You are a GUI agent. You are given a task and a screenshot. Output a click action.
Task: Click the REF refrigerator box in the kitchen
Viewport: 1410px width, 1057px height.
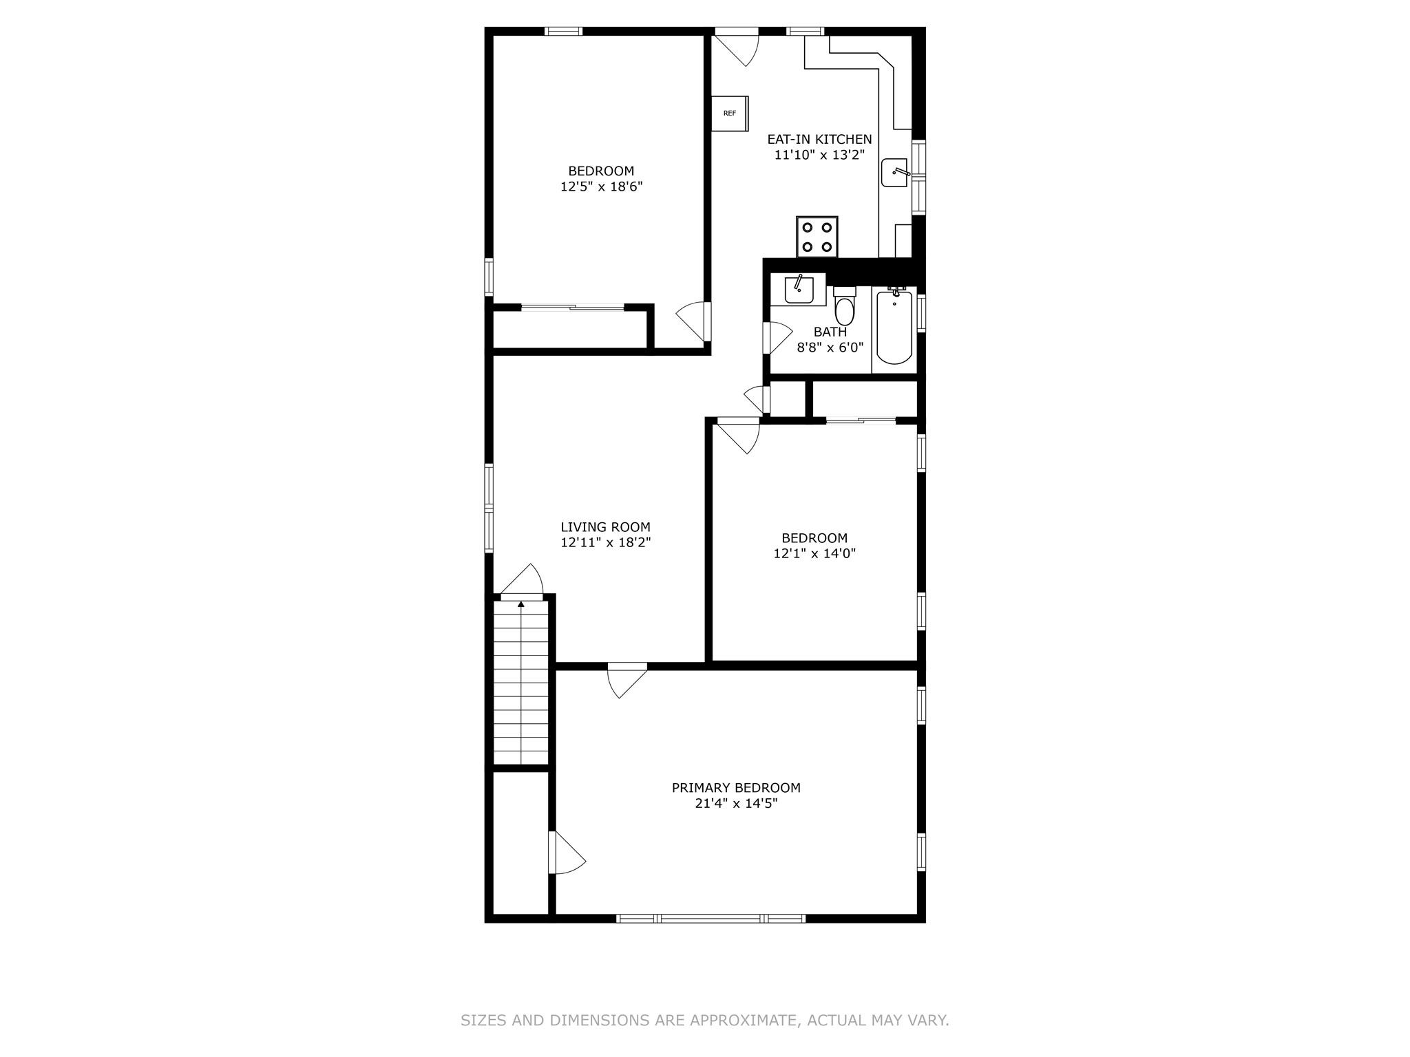click(x=729, y=114)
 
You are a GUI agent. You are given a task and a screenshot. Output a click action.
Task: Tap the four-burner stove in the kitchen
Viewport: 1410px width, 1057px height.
click(x=817, y=237)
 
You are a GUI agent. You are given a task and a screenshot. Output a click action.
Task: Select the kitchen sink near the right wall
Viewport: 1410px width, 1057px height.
click(x=895, y=173)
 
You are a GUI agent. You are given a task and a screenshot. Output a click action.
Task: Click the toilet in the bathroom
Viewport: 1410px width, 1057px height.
click(x=844, y=308)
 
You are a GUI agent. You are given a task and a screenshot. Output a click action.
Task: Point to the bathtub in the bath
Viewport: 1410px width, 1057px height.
click(x=894, y=328)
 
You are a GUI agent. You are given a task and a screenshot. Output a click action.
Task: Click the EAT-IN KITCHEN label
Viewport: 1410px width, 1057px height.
click(x=819, y=140)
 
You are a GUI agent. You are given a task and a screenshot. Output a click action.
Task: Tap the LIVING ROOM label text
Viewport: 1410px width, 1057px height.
click(x=605, y=528)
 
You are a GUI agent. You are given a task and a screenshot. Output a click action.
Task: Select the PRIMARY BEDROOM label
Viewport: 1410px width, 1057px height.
click(x=736, y=788)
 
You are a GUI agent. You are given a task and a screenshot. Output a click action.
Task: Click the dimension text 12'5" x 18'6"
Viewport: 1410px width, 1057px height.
click(x=601, y=186)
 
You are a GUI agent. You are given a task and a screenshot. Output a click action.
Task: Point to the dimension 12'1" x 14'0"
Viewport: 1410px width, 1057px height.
click(x=814, y=553)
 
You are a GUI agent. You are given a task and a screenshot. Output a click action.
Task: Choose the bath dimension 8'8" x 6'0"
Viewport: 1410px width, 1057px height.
click(x=830, y=348)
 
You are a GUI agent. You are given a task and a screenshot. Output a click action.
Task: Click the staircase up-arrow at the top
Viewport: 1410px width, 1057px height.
click(x=521, y=605)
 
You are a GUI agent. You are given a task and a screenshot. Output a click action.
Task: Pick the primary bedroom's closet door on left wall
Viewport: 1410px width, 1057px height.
click(x=567, y=853)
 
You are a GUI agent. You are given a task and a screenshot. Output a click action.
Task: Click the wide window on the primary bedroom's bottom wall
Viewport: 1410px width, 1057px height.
click(x=711, y=918)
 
